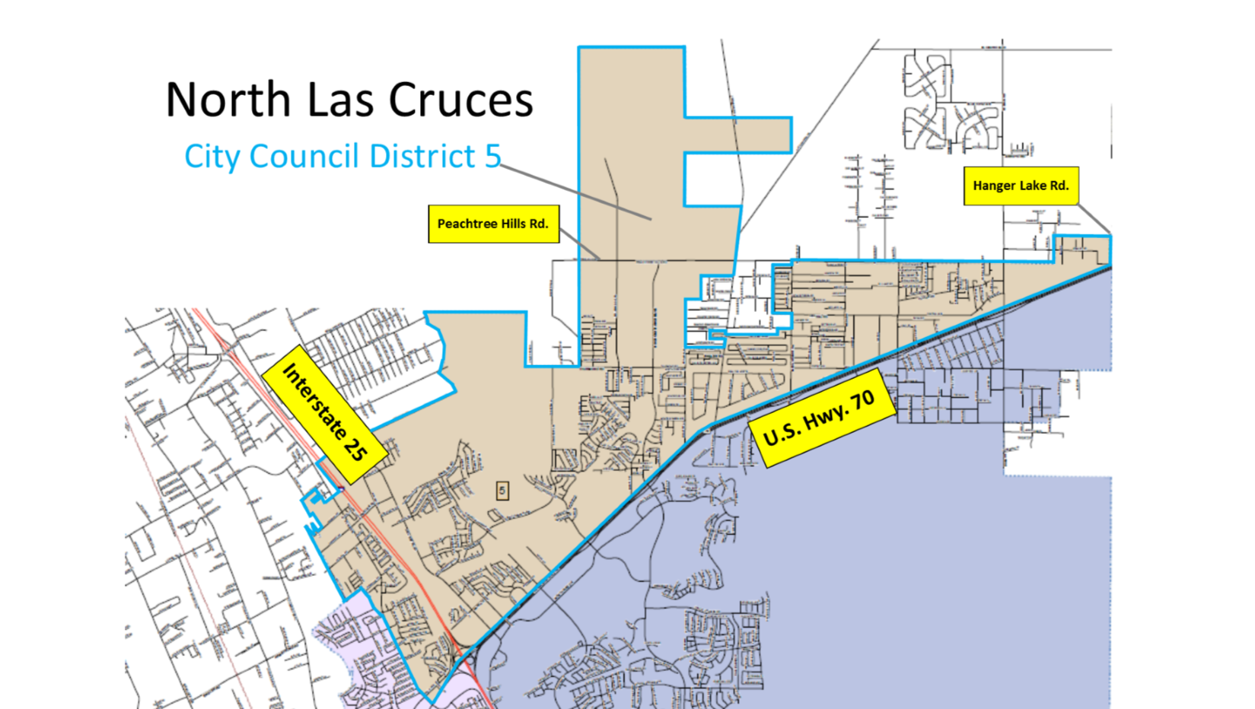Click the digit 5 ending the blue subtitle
pyautogui.click(x=493, y=156)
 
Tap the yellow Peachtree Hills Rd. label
pyautogui.click(x=493, y=224)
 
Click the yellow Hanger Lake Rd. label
pyautogui.click(x=1021, y=186)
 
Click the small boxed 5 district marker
pyautogui.click(x=502, y=491)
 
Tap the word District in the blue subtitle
pyautogui.click(x=422, y=157)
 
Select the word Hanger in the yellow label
pyautogui.click(x=993, y=186)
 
